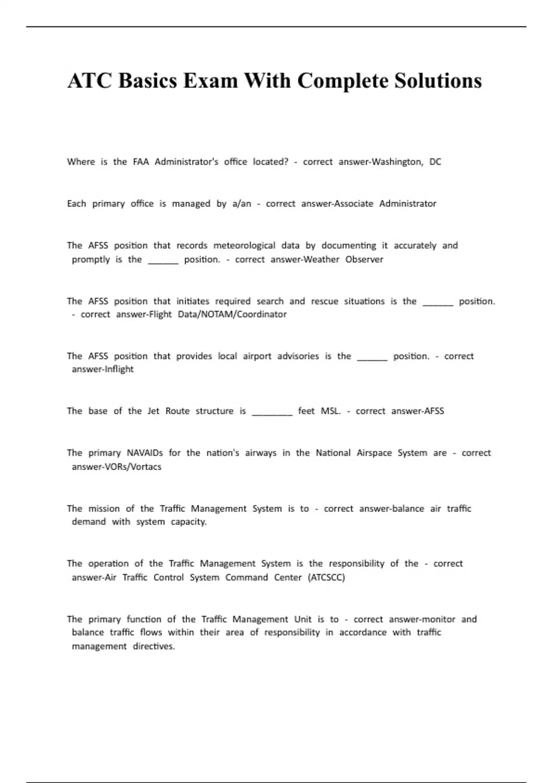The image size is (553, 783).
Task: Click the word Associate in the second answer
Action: point(353,204)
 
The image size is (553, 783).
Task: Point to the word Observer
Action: point(364,259)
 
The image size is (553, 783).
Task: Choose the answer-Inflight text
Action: point(102,369)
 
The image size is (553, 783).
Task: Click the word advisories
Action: point(298,356)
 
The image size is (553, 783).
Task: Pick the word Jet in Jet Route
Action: point(153,411)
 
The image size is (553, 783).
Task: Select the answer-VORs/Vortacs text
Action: point(116,467)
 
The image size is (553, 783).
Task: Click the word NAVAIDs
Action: point(145,453)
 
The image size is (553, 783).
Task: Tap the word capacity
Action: point(188,522)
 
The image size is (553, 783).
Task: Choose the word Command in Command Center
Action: point(247,578)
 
